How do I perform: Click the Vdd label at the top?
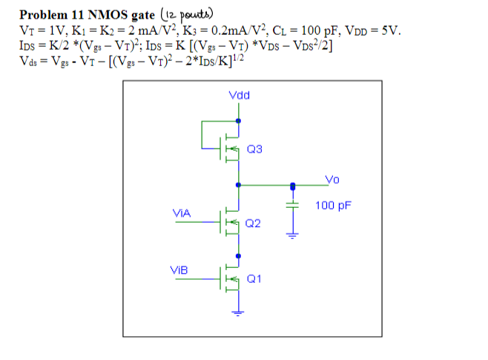(x=240, y=96)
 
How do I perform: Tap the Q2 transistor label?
(x=254, y=223)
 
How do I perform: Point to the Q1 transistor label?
(x=254, y=279)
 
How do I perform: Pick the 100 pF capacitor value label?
(x=333, y=205)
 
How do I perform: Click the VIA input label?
(x=182, y=213)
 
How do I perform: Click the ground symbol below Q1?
(x=237, y=312)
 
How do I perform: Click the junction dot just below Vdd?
(x=237, y=120)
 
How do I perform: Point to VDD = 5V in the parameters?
(x=375, y=32)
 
